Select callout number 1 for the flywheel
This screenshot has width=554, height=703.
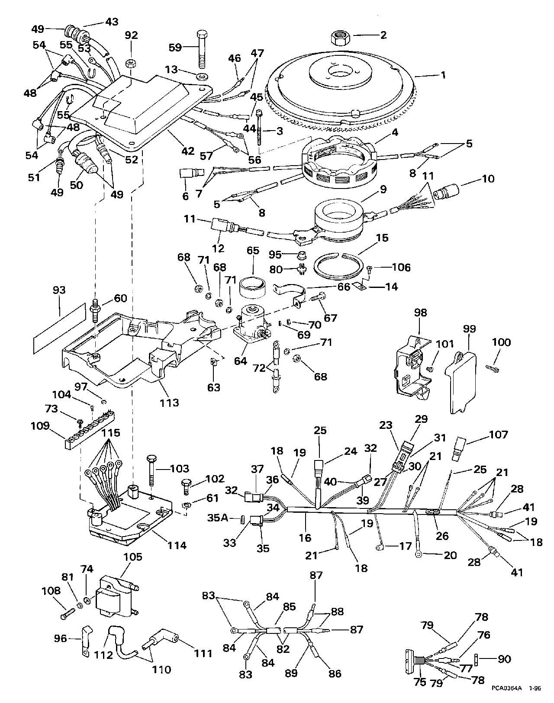coord(443,75)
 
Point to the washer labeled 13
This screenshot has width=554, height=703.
coord(202,77)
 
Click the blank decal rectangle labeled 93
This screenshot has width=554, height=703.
coord(60,327)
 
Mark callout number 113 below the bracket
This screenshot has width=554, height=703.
coord(169,403)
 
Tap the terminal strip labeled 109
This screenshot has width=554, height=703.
coord(89,428)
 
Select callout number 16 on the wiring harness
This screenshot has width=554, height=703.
coord(305,538)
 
